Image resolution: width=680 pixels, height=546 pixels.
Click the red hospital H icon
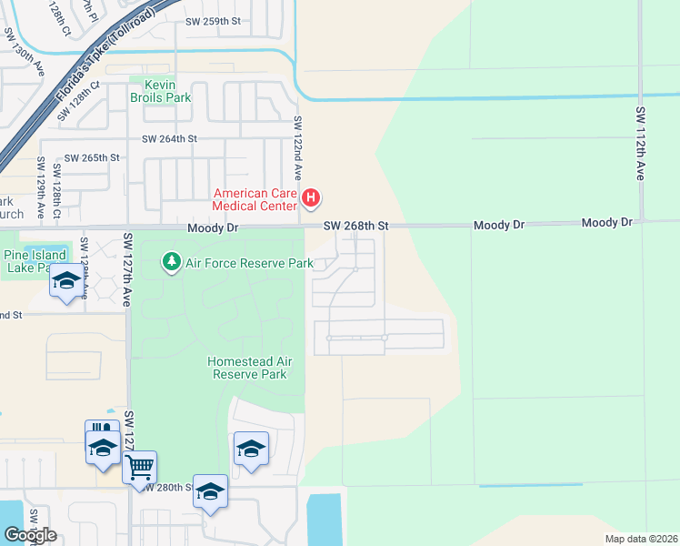311,197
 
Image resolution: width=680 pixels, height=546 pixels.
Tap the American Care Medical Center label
255,199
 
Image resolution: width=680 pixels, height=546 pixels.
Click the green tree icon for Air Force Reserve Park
171,263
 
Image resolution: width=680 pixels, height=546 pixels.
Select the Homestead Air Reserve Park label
247,368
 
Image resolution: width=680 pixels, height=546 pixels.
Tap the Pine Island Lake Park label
34,261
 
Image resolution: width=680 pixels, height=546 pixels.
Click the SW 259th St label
214,20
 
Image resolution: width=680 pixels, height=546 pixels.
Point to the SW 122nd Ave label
296,146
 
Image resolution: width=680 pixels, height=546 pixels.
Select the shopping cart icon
139,467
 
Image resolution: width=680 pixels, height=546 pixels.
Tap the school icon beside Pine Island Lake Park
65,281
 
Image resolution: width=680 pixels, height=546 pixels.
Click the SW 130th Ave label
14,49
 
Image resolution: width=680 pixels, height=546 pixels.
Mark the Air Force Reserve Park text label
249,263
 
